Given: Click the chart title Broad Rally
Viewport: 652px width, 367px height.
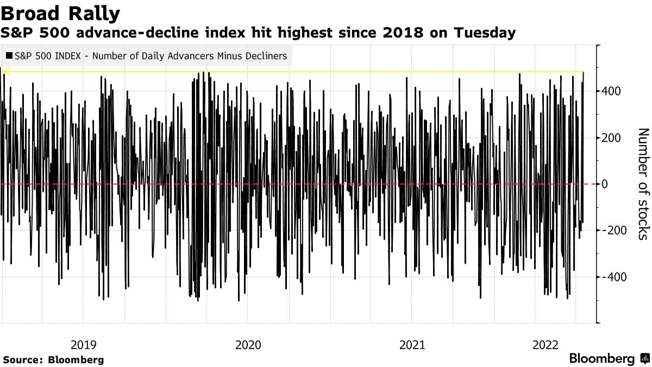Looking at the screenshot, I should click(60, 13).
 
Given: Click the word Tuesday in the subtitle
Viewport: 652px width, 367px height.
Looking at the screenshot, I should click(485, 33).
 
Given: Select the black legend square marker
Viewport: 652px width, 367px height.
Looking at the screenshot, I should click(9, 56).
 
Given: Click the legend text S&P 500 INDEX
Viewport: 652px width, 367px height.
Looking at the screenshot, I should click(47, 56).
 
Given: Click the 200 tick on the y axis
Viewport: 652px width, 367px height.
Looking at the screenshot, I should click(610, 138).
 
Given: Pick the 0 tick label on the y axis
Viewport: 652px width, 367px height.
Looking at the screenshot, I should click(604, 184).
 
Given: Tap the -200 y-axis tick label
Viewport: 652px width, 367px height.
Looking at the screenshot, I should click(612, 231).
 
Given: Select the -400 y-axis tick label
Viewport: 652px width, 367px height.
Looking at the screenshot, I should click(612, 277).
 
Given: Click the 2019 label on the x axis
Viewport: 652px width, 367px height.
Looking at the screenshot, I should click(84, 345).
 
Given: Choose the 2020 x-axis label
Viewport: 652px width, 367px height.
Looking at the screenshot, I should click(248, 345).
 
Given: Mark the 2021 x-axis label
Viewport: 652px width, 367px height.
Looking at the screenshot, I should click(412, 345).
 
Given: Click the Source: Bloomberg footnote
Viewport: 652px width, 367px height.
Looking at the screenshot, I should click(53, 360).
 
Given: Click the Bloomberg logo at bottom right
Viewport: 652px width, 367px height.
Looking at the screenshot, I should click(601, 359).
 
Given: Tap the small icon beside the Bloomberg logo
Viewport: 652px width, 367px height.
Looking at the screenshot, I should click(644, 359).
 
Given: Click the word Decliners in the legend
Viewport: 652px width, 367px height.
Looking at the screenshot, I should click(266, 56).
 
